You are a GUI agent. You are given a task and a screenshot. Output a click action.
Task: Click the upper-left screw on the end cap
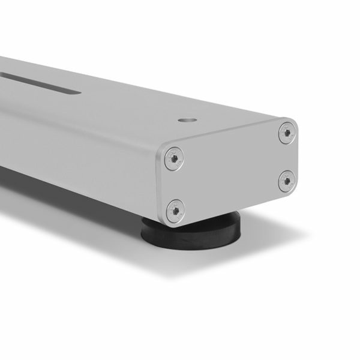(173, 158)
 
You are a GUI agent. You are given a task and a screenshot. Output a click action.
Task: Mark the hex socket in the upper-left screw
(173, 158)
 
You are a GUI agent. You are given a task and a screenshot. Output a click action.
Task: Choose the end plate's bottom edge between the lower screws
(231, 205)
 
